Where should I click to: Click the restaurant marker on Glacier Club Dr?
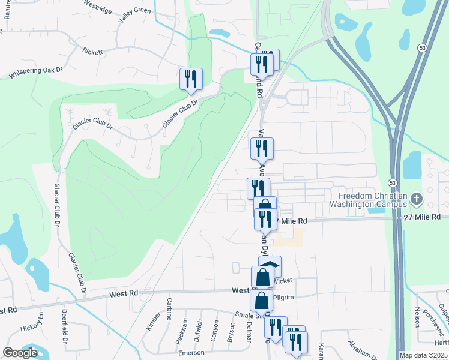pos(191,79)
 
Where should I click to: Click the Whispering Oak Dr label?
pos(35,73)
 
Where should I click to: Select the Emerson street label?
pos(191,353)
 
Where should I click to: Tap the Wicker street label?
pos(282,280)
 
